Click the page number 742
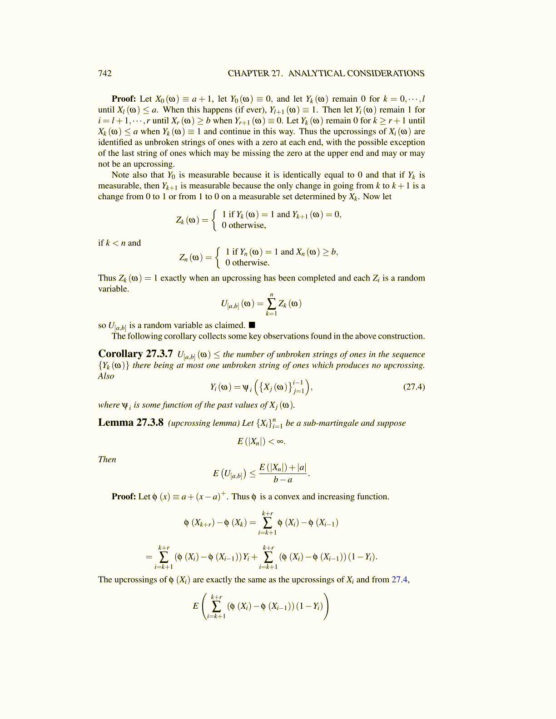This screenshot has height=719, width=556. pyautogui.click(x=105, y=74)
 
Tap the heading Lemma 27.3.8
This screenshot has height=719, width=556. pyautogui.click(x=130, y=423)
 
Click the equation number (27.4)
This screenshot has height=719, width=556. pyautogui.click(x=414, y=387)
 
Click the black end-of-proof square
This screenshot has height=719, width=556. pyautogui.click(x=252, y=325)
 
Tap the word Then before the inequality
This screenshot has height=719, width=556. pyautogui.click(x=107, y=459)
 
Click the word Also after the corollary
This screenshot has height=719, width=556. pyautogui.click(x=106, y=376)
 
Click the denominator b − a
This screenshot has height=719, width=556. pyautogui.click(x=283, y=480)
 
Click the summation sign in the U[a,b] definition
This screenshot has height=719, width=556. pyautogui.click(x=271, y=304)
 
